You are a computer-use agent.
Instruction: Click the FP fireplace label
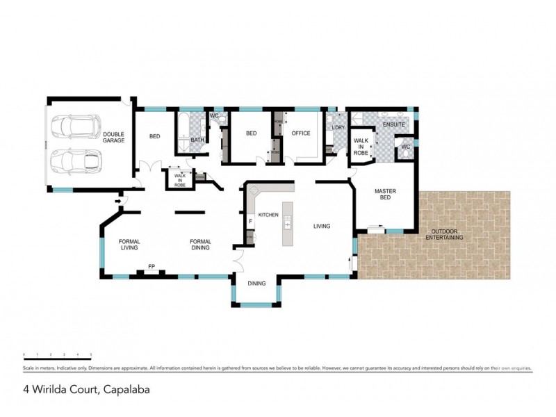[151, 266]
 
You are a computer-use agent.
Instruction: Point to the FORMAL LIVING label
[129, 244]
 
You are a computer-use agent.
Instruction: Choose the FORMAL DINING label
[201, 244]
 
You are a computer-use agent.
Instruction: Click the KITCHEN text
[268, 215]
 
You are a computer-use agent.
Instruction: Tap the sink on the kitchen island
[286, 223]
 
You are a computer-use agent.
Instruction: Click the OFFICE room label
[300, 133]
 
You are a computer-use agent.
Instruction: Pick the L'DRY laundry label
[338, 128]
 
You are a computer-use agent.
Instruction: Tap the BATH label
[197, 140]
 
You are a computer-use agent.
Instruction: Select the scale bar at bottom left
[57, 356]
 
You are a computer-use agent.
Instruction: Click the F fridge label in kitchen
[250, 221]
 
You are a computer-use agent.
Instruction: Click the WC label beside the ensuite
[405, 147]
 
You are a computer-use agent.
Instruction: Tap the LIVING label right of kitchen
[321, 226]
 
